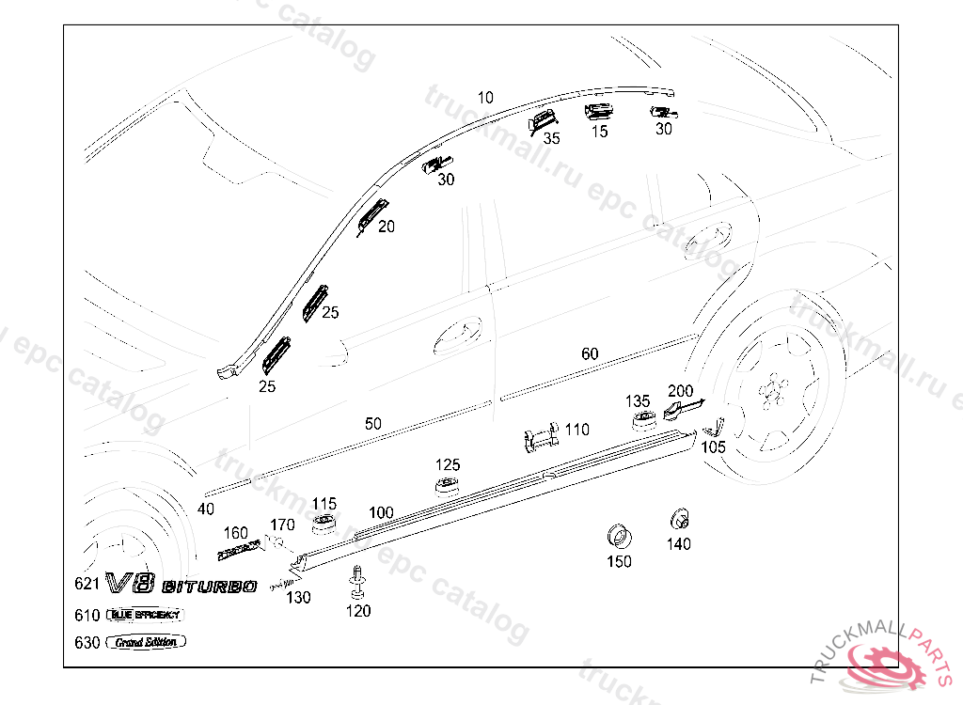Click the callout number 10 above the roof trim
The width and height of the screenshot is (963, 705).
485,97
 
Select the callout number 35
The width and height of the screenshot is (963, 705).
551,138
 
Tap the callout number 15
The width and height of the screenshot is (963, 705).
599,132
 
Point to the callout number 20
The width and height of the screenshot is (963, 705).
387,227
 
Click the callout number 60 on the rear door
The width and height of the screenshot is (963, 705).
590,354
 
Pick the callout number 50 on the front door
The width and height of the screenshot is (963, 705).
373,424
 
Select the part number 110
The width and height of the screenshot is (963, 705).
577,430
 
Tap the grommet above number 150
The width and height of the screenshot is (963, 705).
618,536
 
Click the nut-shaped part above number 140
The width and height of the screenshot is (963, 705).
678,518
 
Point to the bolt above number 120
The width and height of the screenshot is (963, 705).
357,582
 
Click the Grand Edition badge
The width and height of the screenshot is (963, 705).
146,642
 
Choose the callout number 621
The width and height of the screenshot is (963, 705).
87,584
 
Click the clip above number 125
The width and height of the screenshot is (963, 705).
447,484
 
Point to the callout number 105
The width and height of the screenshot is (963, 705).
714,447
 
